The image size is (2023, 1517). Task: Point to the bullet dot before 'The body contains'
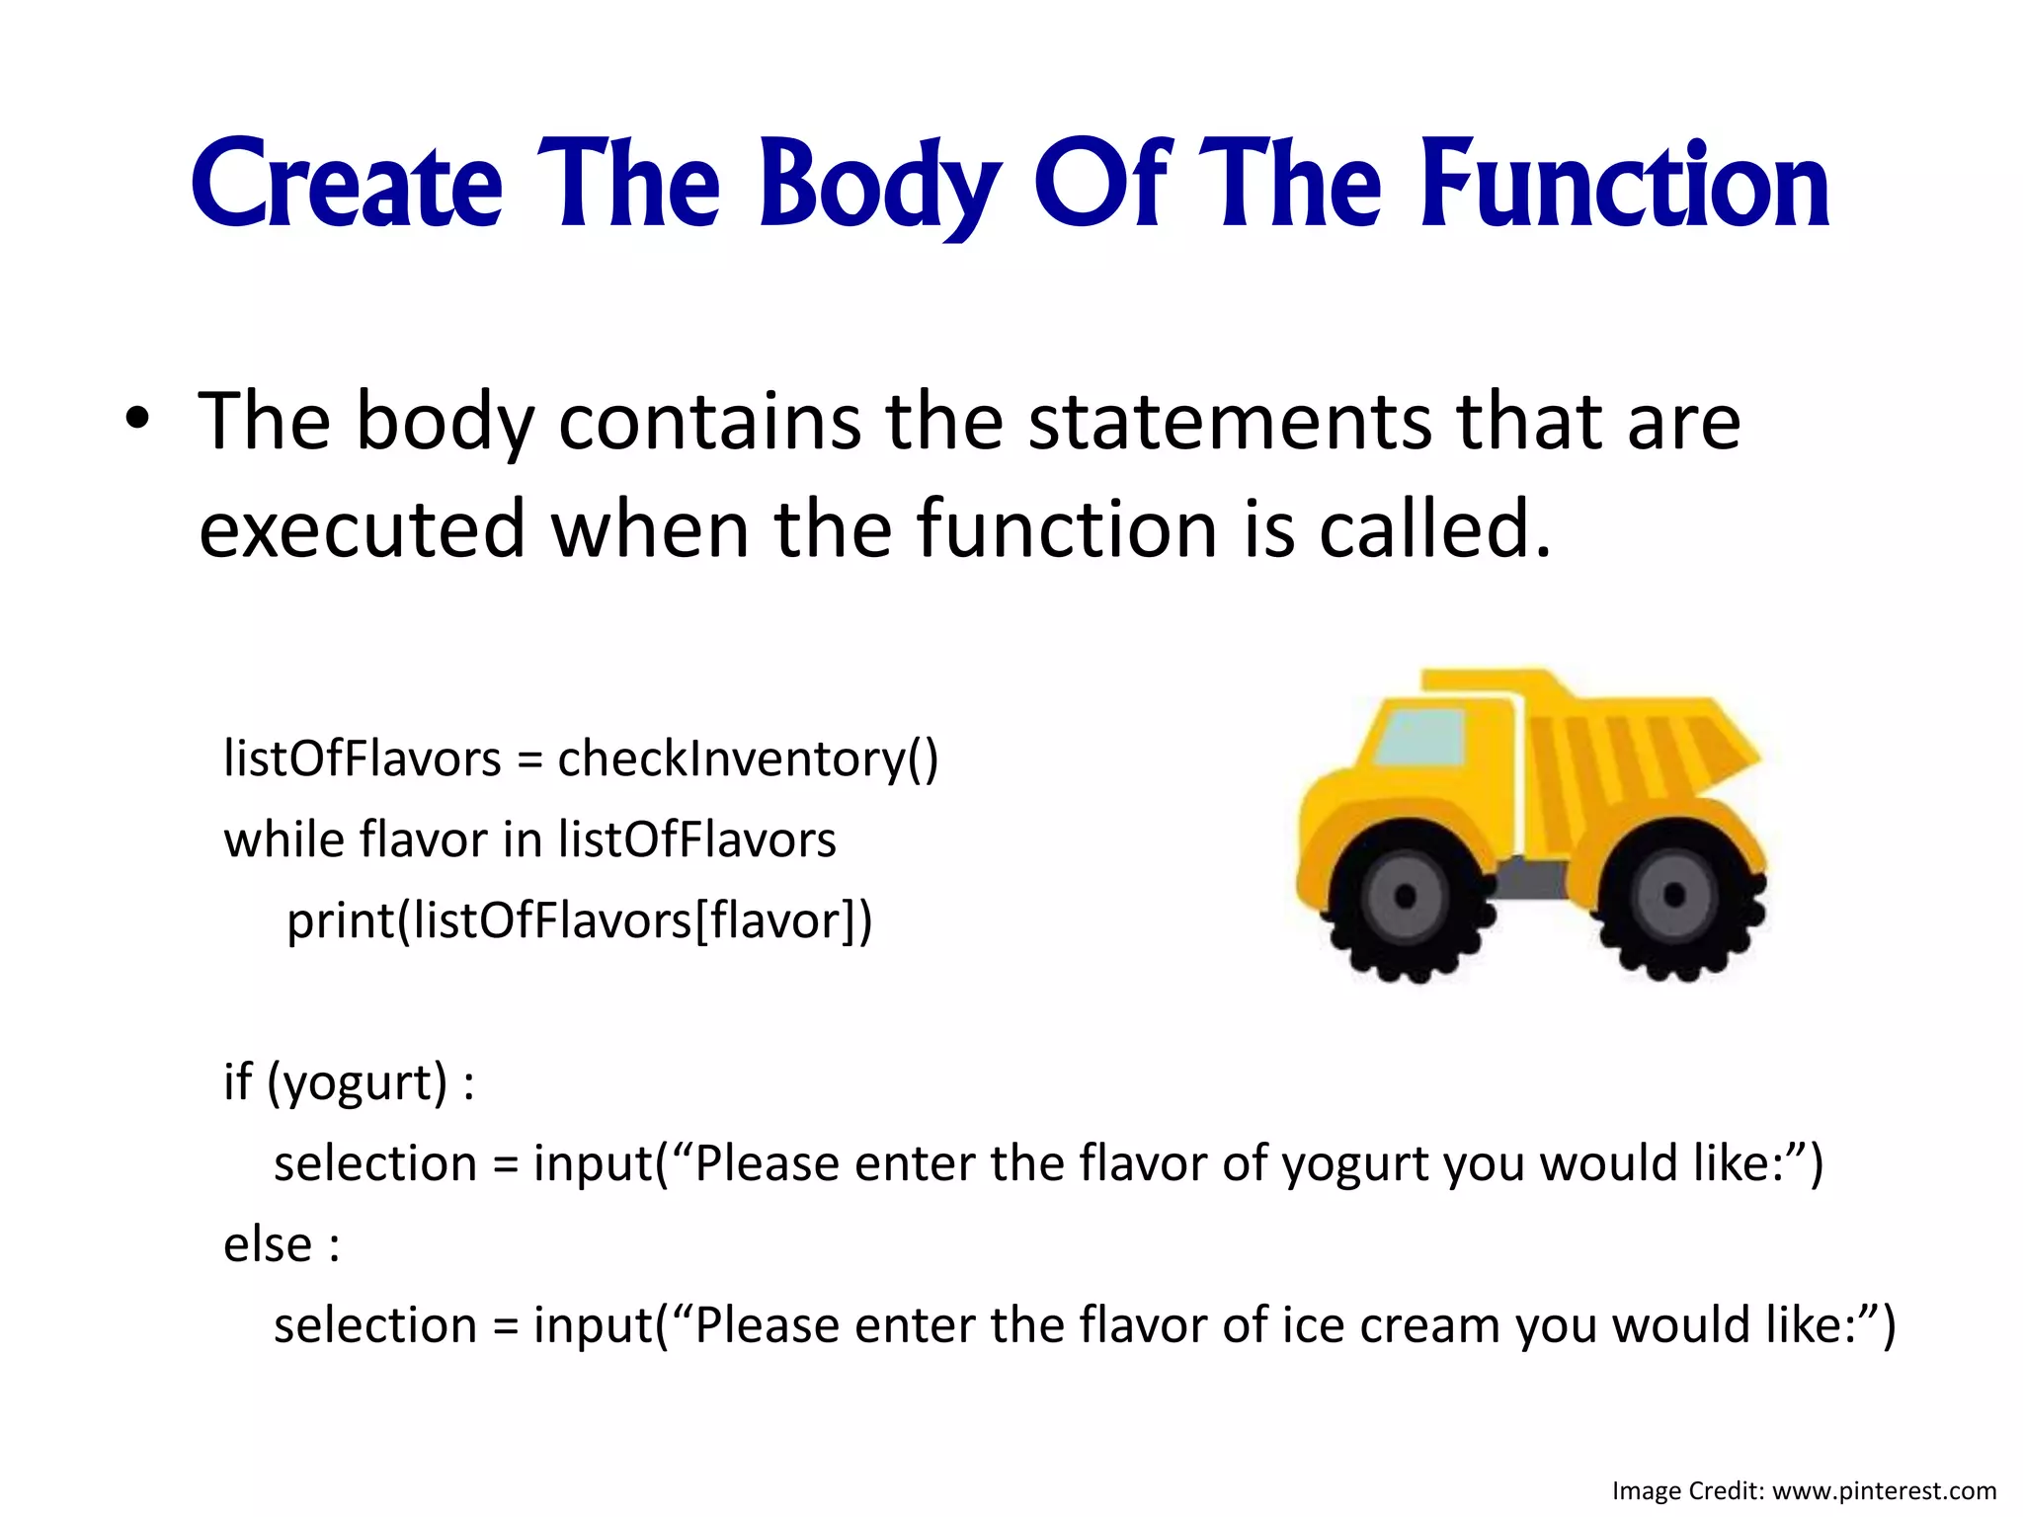tap(137, 419)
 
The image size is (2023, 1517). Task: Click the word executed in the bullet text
tap(362, 529)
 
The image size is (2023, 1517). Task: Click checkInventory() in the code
tap(748, 759)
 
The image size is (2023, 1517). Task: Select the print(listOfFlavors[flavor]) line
tap(580, 921)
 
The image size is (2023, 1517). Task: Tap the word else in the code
tap(268, 1244)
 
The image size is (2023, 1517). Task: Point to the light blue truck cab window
tap(1420, 739)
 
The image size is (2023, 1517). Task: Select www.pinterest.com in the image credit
tap(1885, 1490)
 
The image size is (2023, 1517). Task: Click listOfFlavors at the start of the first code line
tap(363, 759)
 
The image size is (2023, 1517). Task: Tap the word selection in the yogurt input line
tap(375, 1164)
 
